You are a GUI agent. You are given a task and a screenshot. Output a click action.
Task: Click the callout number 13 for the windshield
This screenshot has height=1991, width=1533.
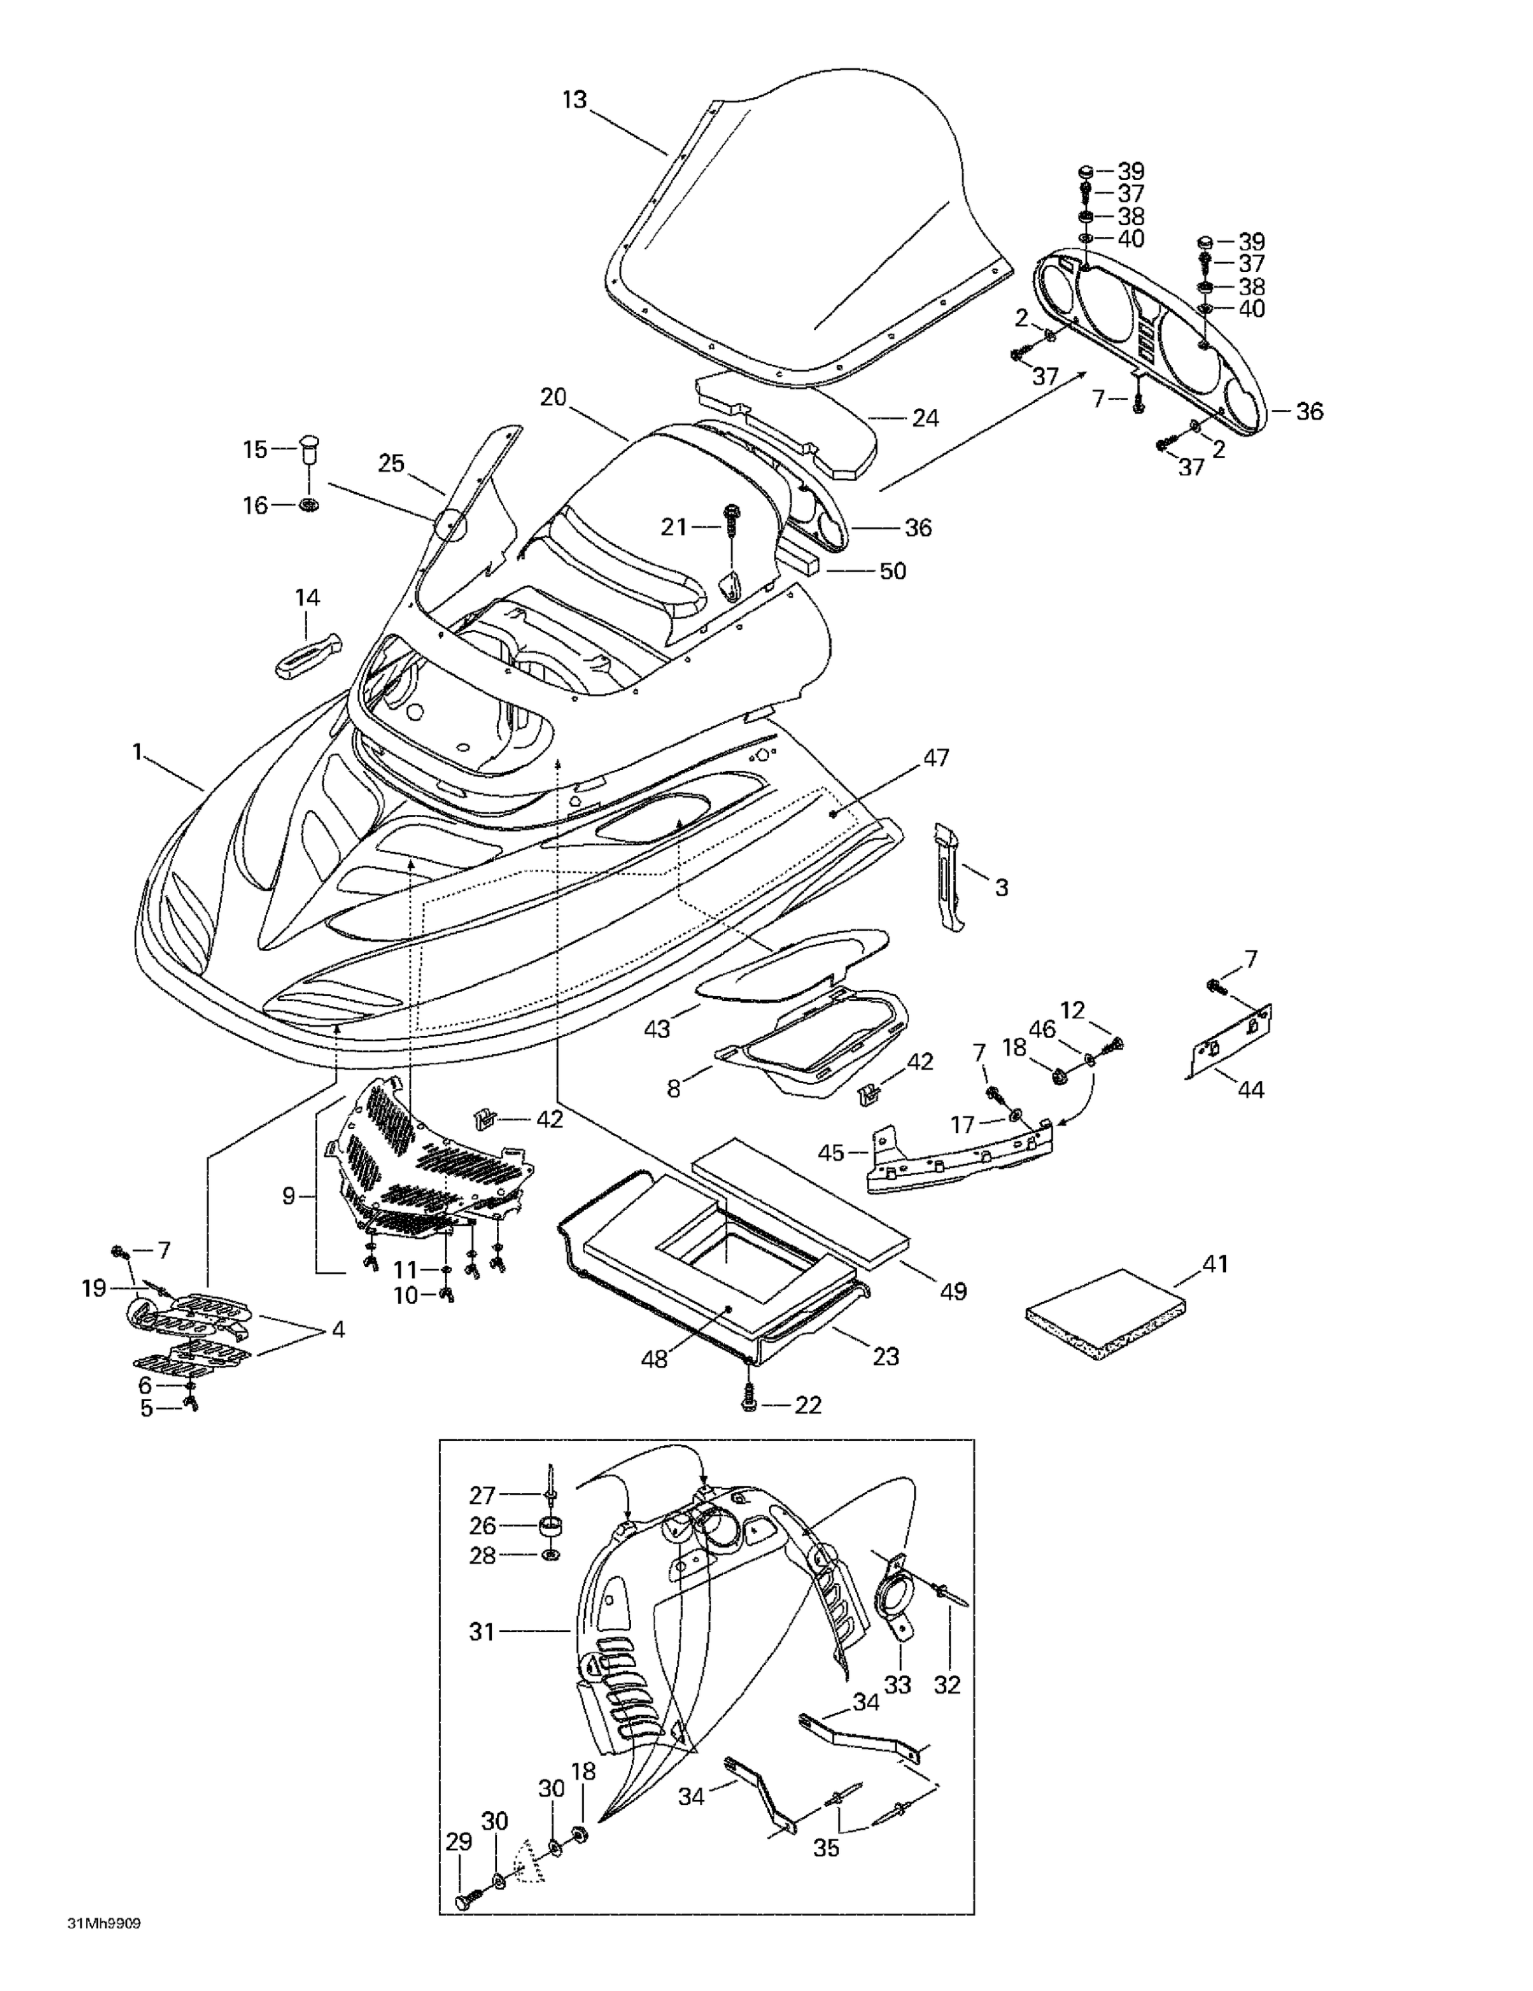tap(574, 100)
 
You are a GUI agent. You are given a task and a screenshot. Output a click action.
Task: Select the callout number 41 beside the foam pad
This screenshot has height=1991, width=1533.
tap(1215, 1264)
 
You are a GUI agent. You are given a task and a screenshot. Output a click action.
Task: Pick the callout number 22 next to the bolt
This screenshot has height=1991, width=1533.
tap(807, 1405)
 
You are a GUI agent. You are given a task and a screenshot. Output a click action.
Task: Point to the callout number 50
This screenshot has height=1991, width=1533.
tap(892, 571)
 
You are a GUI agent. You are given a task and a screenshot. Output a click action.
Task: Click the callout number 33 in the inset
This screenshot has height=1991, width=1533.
tap(898, 1684)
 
